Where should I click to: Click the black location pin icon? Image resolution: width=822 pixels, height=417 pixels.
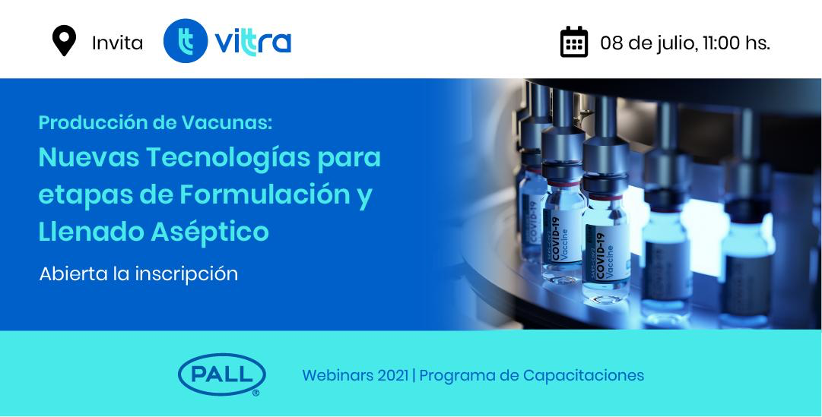tap(64, 40)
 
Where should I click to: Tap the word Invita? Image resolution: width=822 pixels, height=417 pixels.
tap(117, 43)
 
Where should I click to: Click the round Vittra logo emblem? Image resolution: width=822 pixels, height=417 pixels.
tap(185, 41)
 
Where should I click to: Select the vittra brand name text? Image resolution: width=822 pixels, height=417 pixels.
tap(252, 43)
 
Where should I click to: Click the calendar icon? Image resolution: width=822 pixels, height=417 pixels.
tap(574, 41)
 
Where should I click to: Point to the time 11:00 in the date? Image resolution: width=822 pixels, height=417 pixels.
tap(721, 43)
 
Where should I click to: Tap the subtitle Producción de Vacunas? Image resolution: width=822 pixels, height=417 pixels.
tap(156, 122)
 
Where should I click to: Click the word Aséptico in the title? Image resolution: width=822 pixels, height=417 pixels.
tap(210, 232)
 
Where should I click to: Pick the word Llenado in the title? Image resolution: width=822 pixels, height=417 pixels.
tap(91, 231)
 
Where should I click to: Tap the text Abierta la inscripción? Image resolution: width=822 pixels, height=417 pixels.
tap(138, 273)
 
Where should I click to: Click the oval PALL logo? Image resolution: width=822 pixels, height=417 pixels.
tap(222, 374)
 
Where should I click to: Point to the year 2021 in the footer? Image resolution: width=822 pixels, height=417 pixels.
tap(392, 376)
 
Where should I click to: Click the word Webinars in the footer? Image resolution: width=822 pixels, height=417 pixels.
tap(338, 376)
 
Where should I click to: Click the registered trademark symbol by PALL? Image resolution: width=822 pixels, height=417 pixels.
tap(255, 393)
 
